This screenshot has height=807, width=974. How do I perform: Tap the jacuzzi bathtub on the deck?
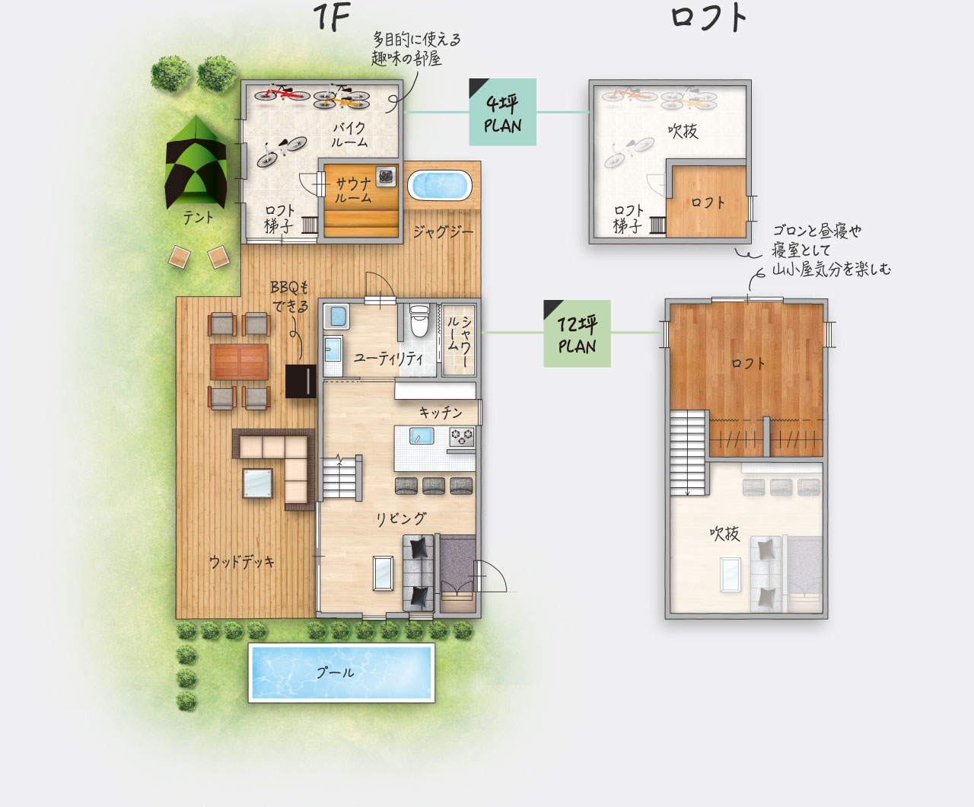(439, 186)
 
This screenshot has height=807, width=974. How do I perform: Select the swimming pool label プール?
(335, 672)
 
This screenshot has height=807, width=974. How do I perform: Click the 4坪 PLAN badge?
(502, 112)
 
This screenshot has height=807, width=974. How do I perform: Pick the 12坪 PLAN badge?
(577, 333)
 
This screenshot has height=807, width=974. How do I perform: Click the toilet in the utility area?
(419, 321)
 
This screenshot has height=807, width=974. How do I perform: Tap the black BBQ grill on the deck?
(301, 381)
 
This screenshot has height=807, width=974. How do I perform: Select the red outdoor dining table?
(239, 362)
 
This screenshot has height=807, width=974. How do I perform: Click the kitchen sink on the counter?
(422, 437)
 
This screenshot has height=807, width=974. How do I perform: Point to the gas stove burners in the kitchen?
(462, 438)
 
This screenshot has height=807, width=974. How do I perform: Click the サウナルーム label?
(353, 190)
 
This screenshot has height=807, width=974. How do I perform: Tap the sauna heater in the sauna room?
(386, 177)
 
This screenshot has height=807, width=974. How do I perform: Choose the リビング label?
(401, 518)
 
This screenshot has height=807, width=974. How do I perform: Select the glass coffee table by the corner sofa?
(257, 483)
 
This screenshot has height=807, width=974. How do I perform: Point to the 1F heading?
(331, 18)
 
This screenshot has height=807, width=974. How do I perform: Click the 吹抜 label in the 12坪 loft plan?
(724, 534)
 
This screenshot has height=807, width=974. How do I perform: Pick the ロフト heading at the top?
(708, 19)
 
